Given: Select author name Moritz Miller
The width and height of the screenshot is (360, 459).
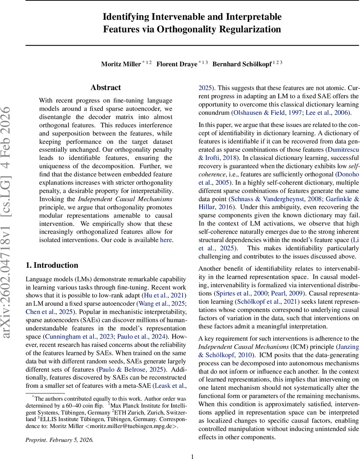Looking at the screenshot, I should coord(121,64).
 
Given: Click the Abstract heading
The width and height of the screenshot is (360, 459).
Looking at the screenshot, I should coord(106,88).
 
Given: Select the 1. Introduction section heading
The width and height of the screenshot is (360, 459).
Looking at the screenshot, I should coord(52,265).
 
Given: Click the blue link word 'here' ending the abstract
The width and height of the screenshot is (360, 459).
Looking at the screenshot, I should coord(166,240).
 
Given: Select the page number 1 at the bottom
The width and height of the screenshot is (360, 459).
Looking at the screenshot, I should coord(193,456).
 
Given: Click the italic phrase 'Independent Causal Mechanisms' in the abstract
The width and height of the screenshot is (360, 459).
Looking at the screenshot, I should coord(125,199).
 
